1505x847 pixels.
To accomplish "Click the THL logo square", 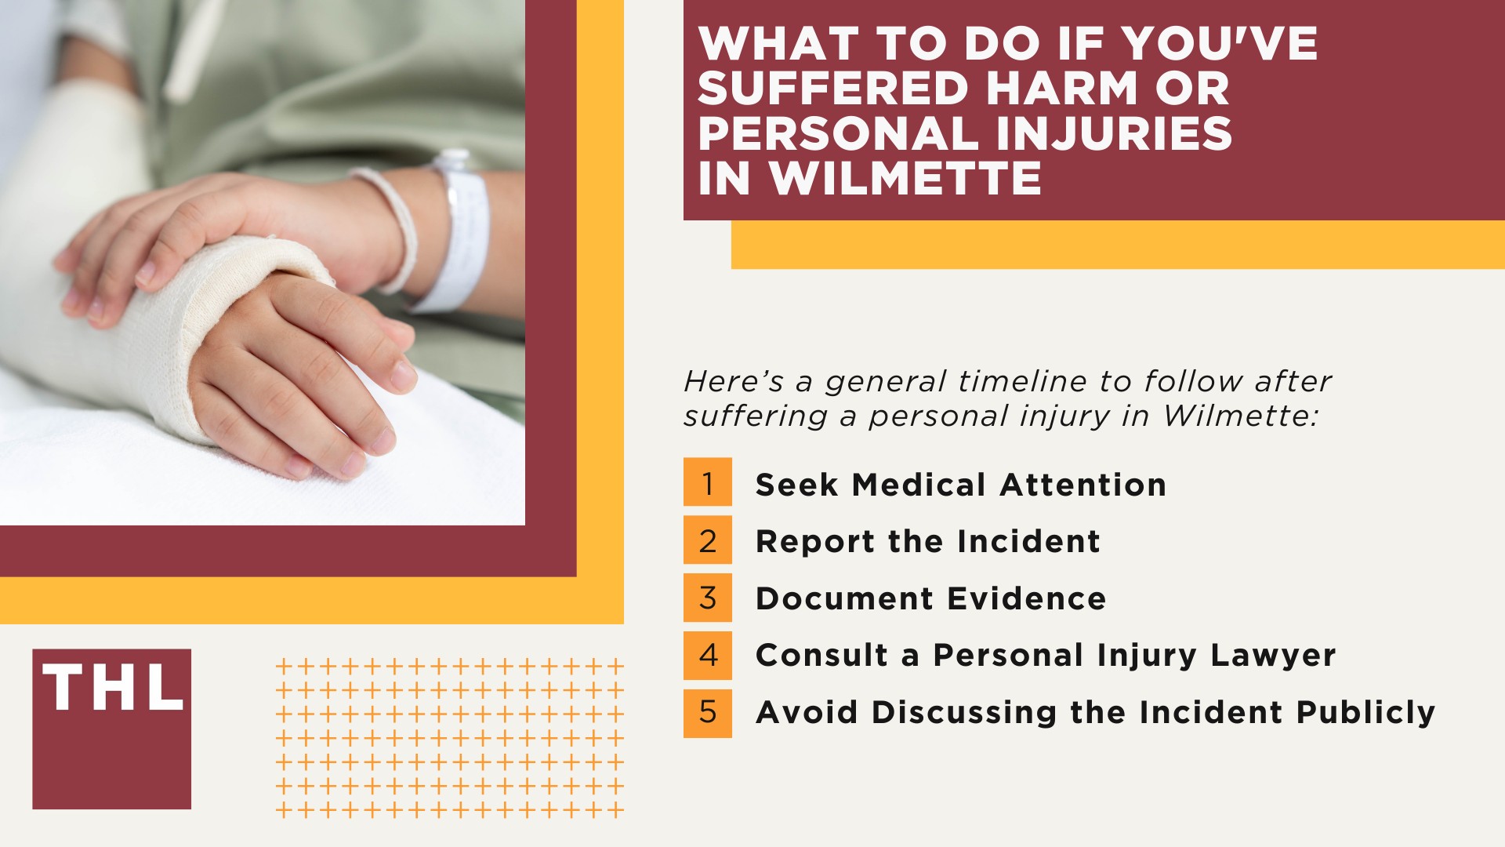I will click(111, 729).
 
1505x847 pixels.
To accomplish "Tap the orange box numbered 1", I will click(707, 482).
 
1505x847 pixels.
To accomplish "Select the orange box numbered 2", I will click(707, 540).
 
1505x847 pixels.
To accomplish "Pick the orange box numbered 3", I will click(707, 598).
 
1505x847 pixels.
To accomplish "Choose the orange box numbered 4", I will click(707, 655).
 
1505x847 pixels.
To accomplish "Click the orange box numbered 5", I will click(707, 712).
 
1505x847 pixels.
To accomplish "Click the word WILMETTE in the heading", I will click(905, 178).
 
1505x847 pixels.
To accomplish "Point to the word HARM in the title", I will click(1062, 88).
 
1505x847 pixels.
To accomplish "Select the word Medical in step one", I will click(919, 485).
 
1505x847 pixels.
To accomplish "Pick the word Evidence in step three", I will click(1027, 598).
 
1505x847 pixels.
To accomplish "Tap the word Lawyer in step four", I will click(1273, 656).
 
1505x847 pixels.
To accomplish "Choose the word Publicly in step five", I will click(1365, 712).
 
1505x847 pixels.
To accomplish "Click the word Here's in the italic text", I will click(733, 382).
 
